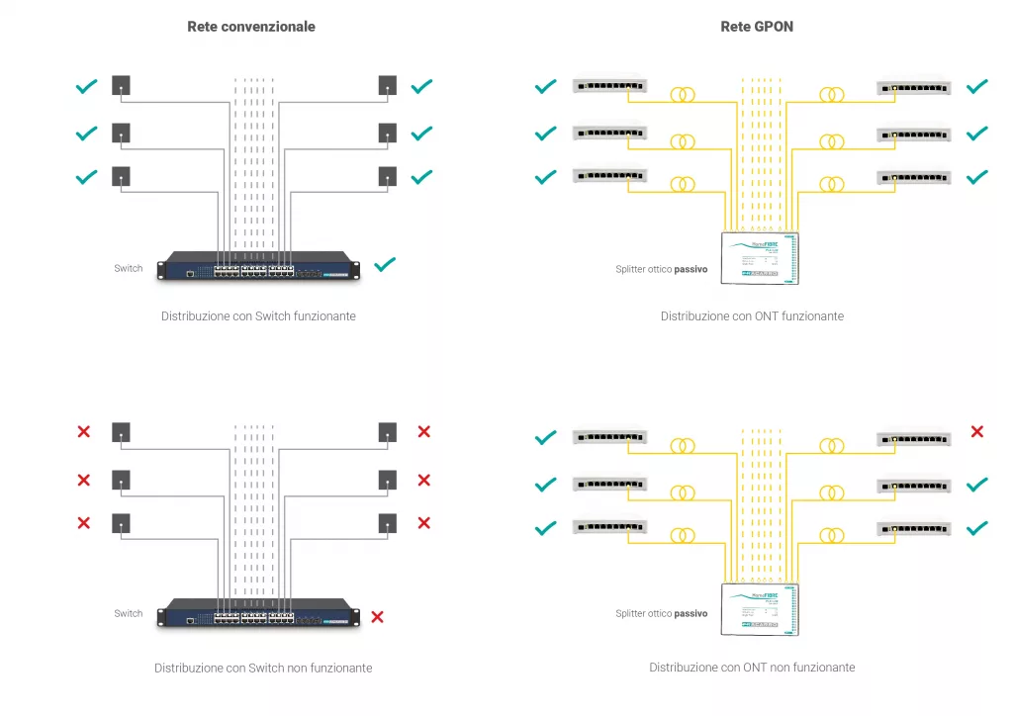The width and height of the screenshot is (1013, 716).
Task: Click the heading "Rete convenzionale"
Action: tap(251, 27)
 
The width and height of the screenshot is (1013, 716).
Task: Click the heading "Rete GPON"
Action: tap(757, 27)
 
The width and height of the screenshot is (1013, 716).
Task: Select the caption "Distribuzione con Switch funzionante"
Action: tap(258, 316)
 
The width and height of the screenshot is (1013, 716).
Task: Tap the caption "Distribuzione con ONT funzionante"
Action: tap(752, 316)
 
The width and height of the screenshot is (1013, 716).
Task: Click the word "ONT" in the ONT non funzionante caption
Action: tap(756, 668)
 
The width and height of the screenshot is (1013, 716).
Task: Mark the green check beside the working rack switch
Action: tap(385, 264)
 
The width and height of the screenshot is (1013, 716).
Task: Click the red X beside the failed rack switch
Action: tap(377, 617)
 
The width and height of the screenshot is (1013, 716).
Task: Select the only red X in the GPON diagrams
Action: tap(976, 431)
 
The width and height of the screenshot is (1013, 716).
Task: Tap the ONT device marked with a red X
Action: tap(913, 437)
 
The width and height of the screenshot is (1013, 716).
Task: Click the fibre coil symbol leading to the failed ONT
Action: tap(831, 446)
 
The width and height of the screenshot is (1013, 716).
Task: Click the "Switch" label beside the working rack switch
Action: tap(129, 268)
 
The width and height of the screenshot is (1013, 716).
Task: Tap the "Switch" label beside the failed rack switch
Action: tap(129, 613)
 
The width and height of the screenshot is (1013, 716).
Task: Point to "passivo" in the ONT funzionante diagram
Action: tap(691, 268)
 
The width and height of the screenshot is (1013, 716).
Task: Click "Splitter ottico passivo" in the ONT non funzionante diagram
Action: tap(661, 613)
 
